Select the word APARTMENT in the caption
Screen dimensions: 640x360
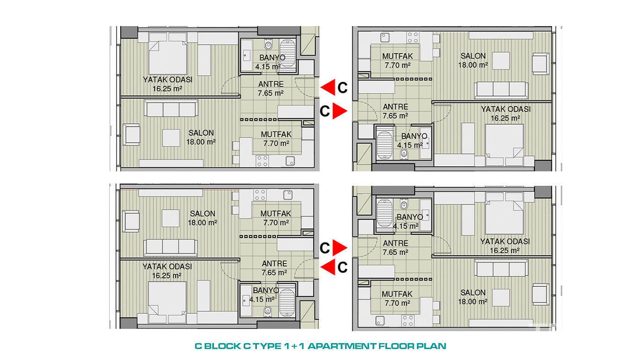(x=342, y=346)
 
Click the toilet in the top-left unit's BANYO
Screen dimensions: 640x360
(x=268, y=44)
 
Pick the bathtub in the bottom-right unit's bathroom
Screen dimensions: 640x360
(x=384, y=213)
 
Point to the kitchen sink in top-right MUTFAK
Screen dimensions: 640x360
(x=385, y=37)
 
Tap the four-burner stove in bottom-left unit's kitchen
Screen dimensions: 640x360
(x=260, y=195)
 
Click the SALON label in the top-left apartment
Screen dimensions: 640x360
(x=201, y=133)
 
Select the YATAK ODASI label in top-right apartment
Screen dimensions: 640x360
(x=506, y=109)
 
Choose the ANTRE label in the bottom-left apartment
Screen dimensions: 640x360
(x=275, y=264)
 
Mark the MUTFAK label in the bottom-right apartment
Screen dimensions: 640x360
(x=397, y=294)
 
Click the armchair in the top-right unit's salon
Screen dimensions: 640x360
(x=540, y=64)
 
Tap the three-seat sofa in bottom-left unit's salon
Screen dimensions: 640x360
(x=171, y=247)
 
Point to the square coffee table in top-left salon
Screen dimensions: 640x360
(x=171, y=138)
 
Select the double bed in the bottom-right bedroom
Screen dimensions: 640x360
(x=504, y=213)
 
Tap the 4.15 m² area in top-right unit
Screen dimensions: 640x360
(x=410, y=145)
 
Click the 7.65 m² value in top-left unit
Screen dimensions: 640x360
(x=271, y=93)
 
